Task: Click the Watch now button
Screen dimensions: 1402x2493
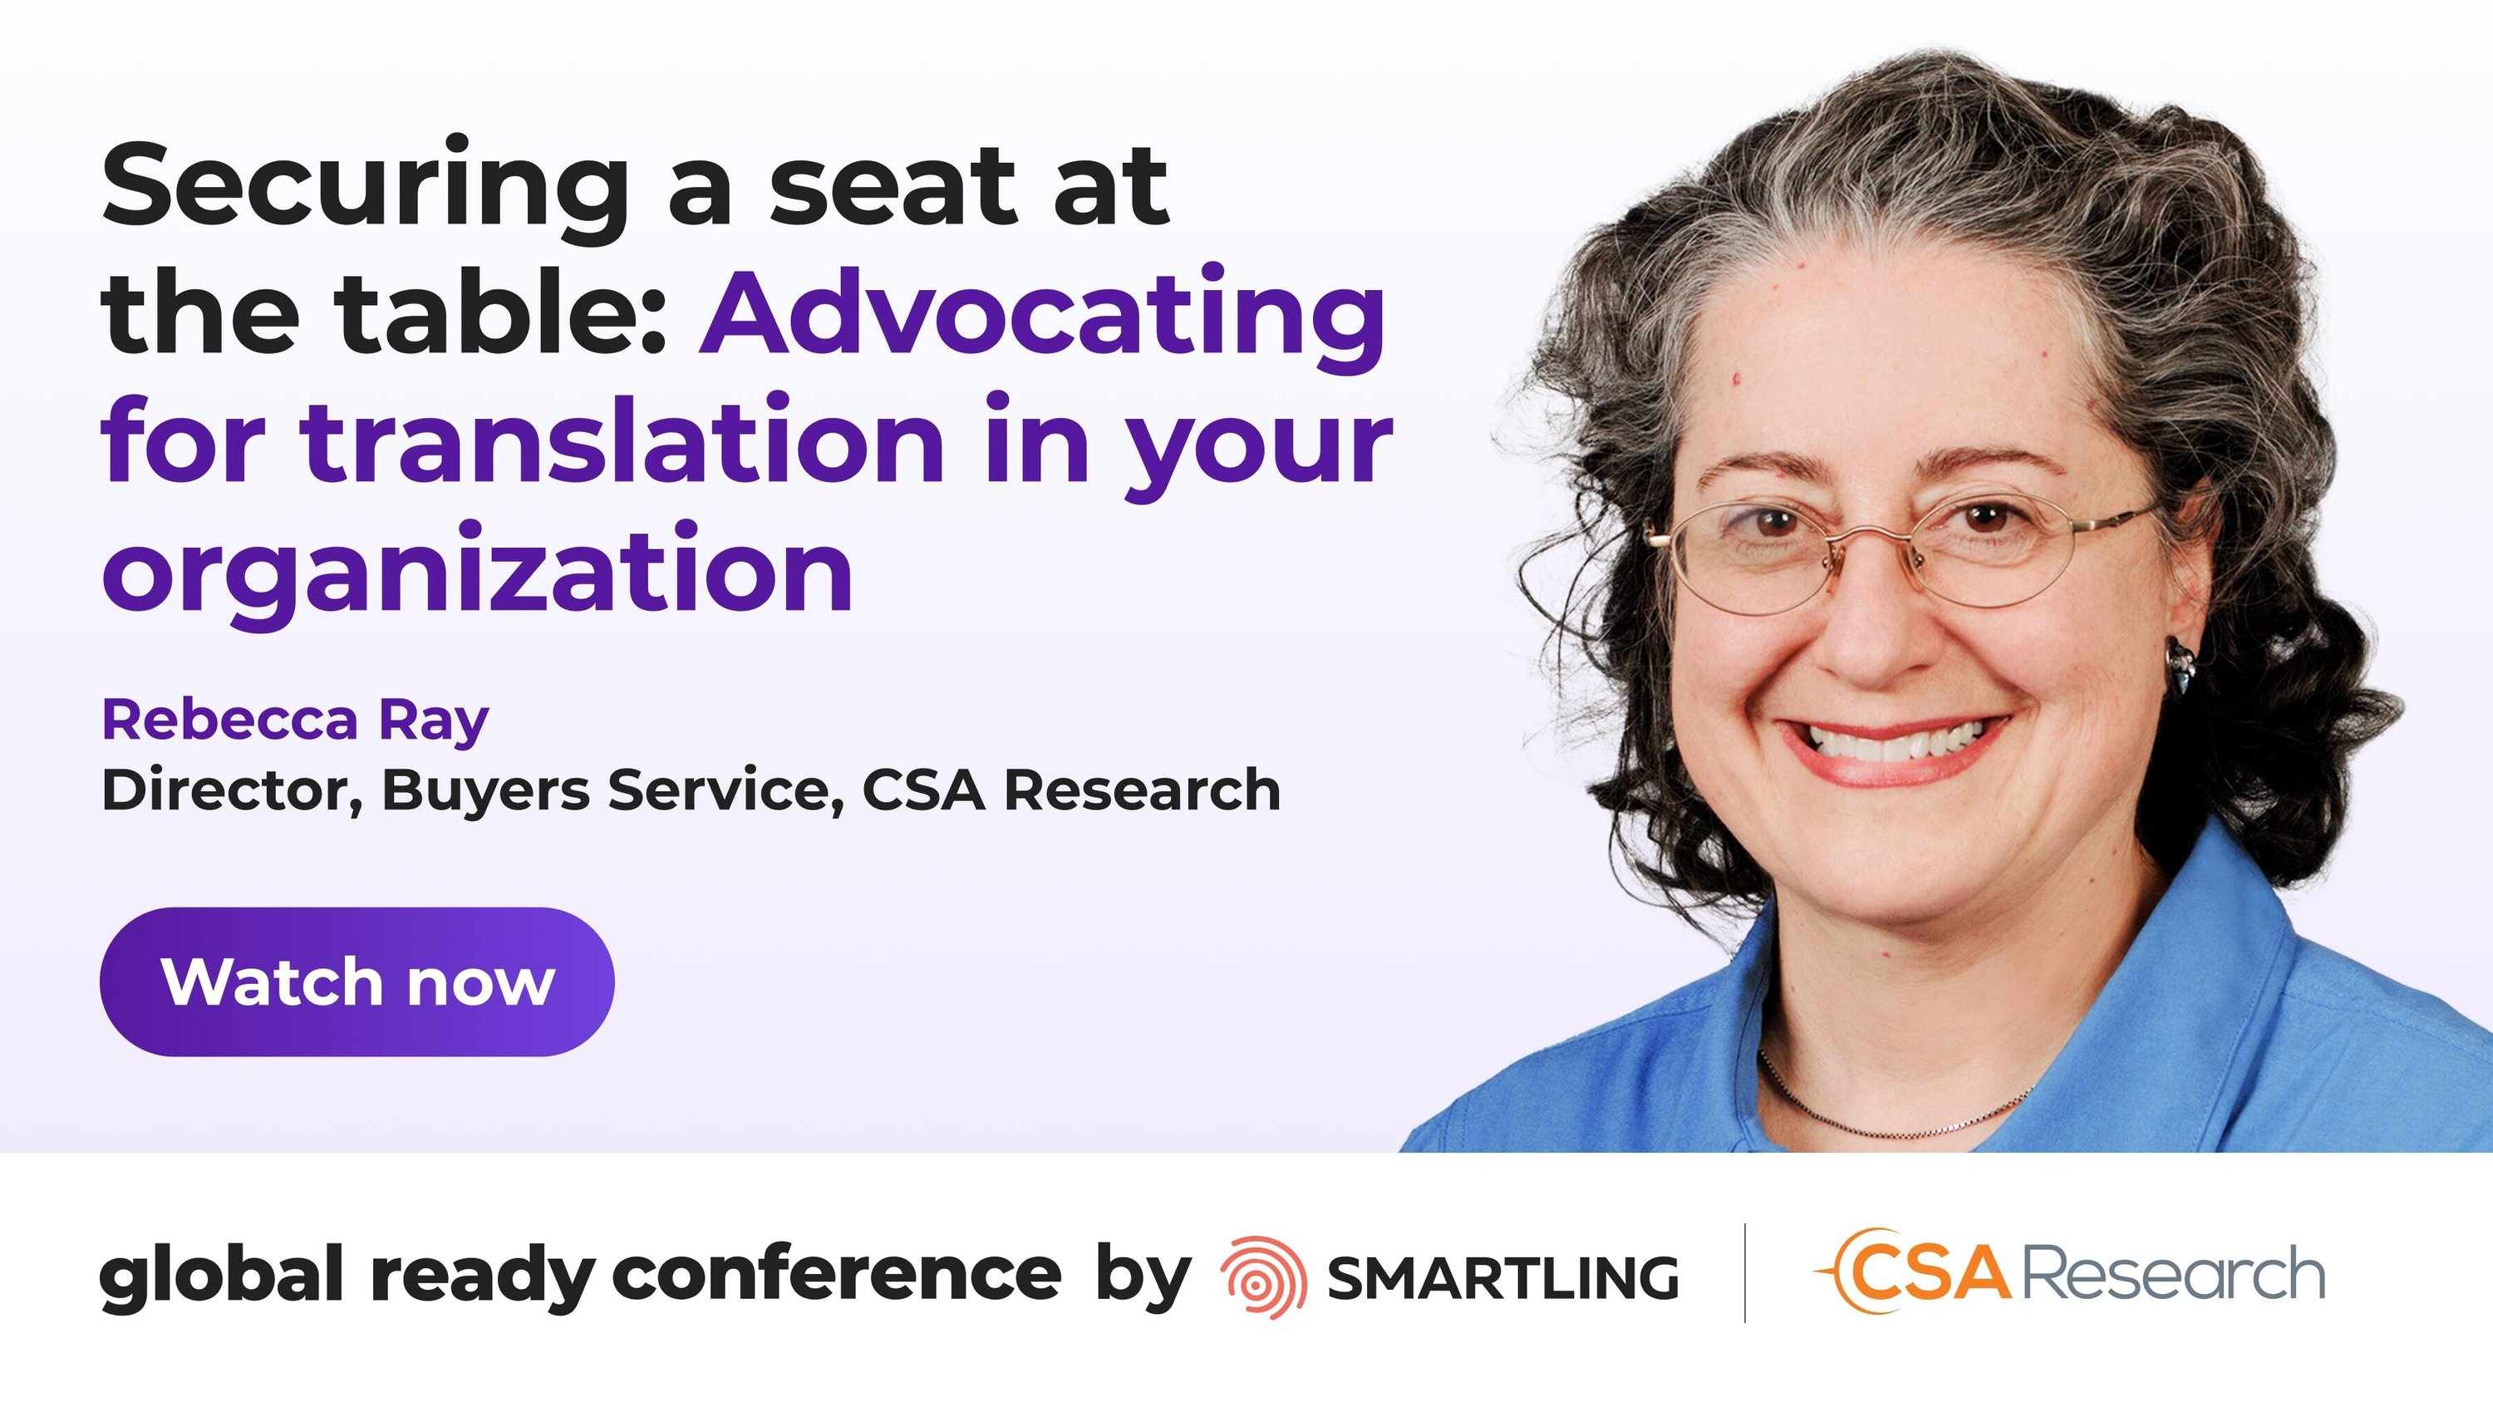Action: (x=356, y=981)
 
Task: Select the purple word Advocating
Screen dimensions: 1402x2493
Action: (x=1043, y=317)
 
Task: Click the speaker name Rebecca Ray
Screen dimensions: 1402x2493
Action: (x=295, y=720)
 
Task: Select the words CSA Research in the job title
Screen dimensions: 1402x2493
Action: (x=1070, y=790)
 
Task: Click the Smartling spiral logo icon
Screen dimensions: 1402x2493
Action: (x=1263, y=1277)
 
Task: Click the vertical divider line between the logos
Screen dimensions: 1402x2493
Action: (x=1744, y=1272)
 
